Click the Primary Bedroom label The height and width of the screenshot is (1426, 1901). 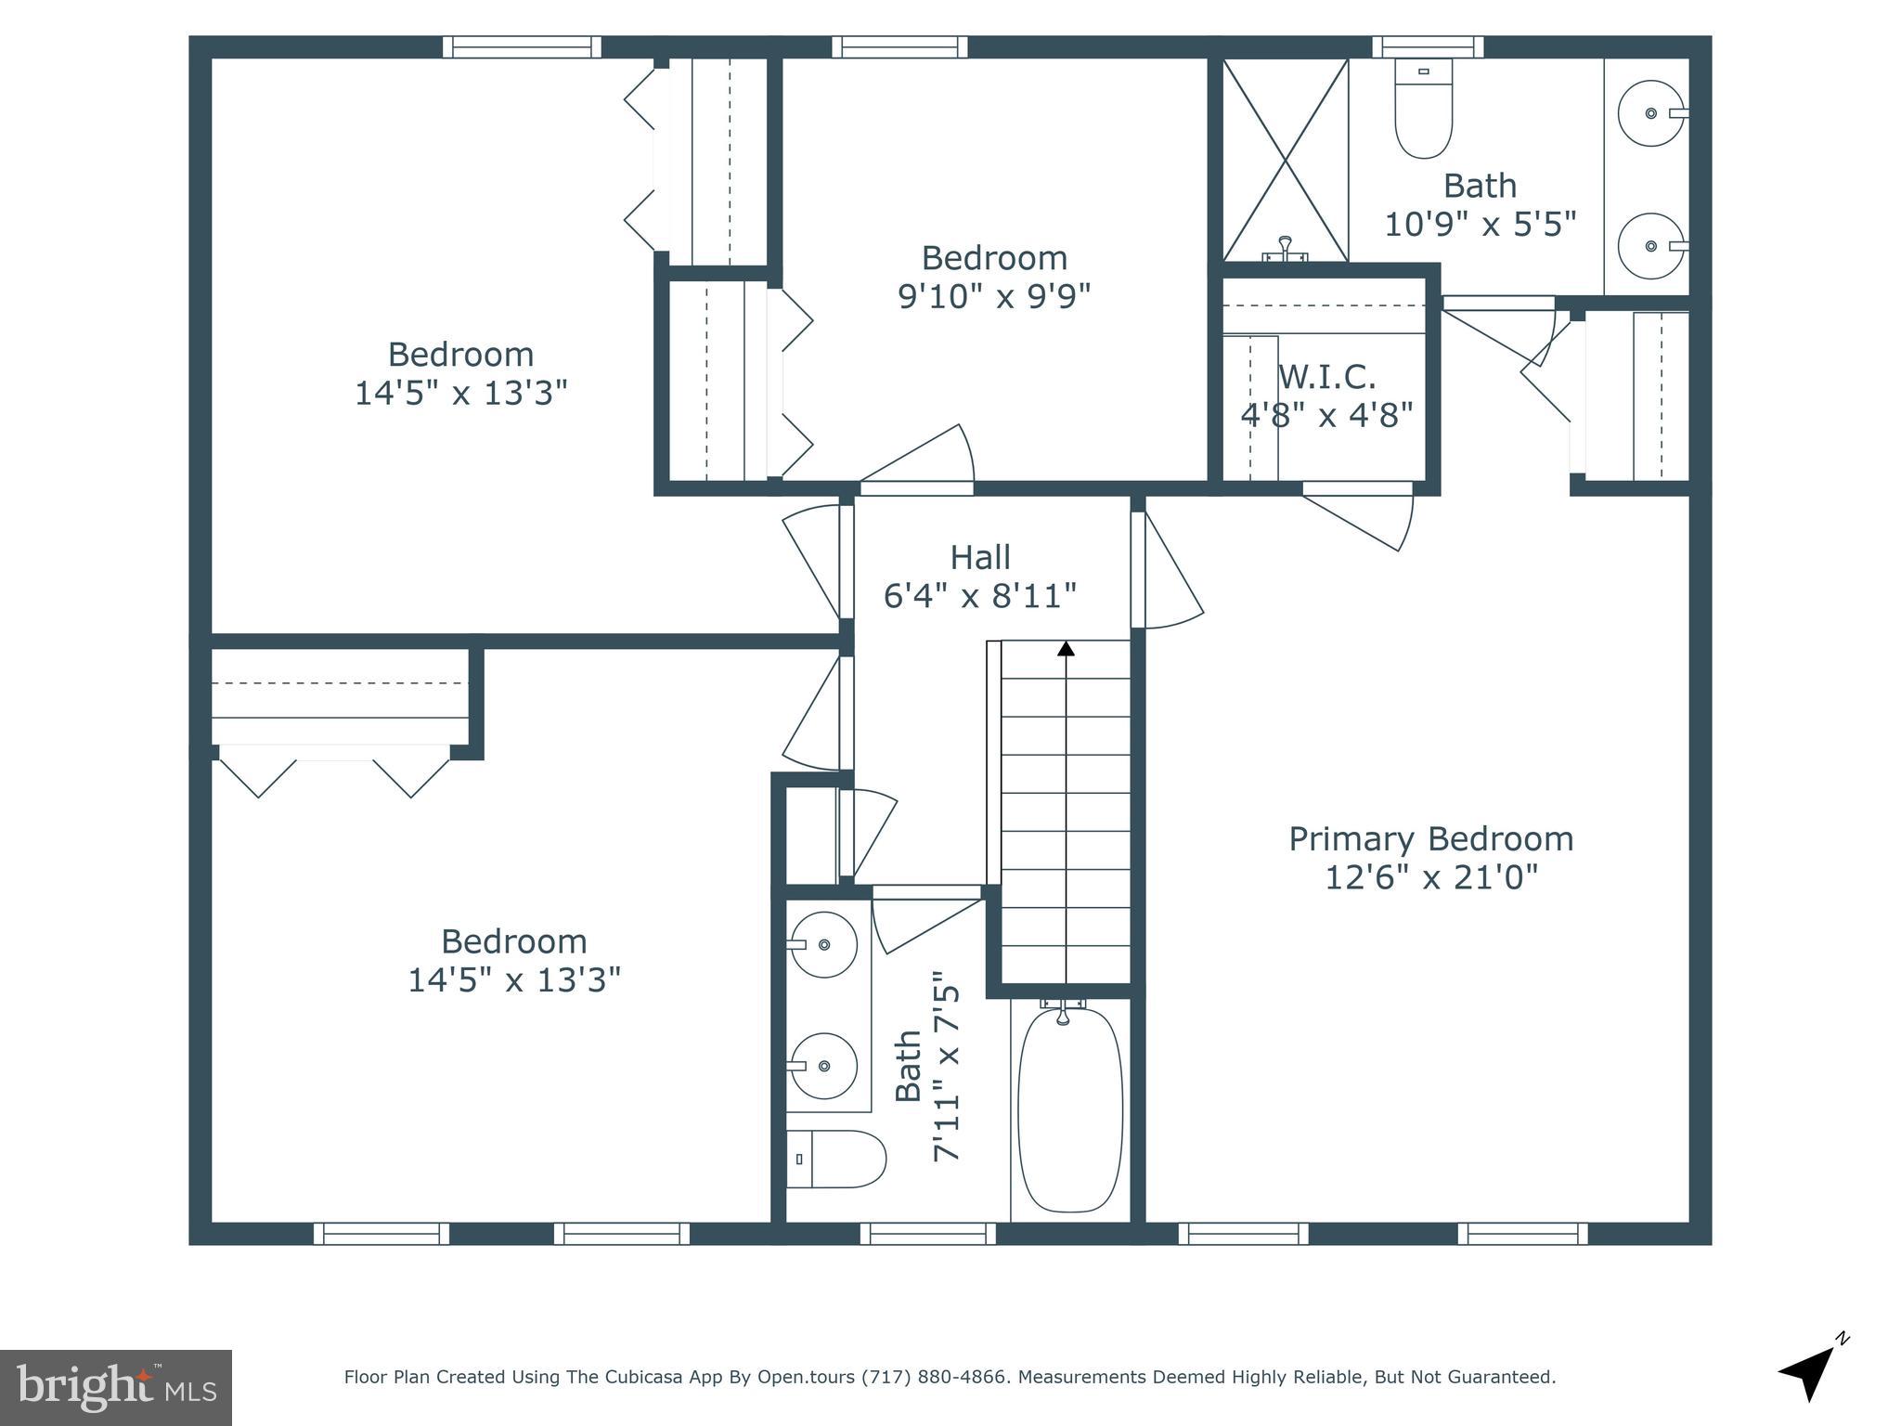click(1430, 839)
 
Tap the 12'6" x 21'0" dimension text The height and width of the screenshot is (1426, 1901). click(1430, 877)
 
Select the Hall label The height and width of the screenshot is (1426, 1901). click(979, 558)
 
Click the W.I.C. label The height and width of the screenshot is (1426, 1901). click(1326, 377)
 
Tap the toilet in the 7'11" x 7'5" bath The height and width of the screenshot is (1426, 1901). click(835, 1159)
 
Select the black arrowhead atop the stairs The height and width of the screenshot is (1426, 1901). click(1066, 648)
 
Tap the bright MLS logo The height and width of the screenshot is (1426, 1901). click(116, 1388)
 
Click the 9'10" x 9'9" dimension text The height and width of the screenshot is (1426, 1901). click(993, 296)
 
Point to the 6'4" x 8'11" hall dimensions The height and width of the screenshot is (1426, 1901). click(979, 596)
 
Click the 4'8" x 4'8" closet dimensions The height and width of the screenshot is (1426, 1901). click(1326, 415)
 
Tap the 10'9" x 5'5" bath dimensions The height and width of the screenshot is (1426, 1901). click(1480, 225)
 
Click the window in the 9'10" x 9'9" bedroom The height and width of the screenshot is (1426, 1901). click(899, 46)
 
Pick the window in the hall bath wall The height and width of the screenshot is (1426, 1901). click(927, 1233)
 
